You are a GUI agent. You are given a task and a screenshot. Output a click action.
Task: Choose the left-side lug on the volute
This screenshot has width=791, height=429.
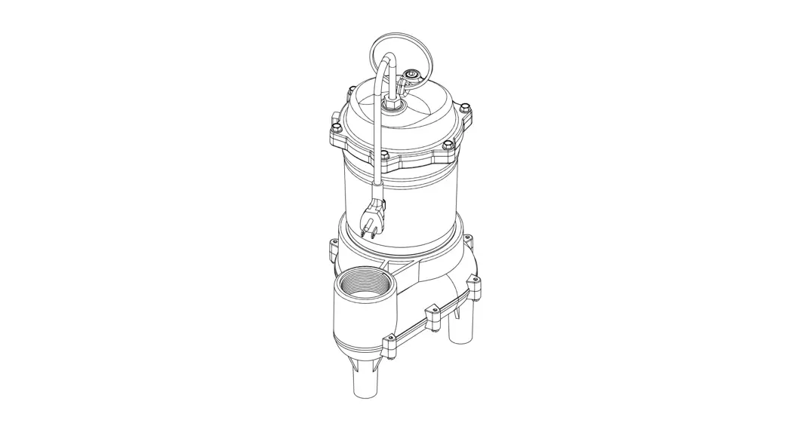click(x=333, y=247)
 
